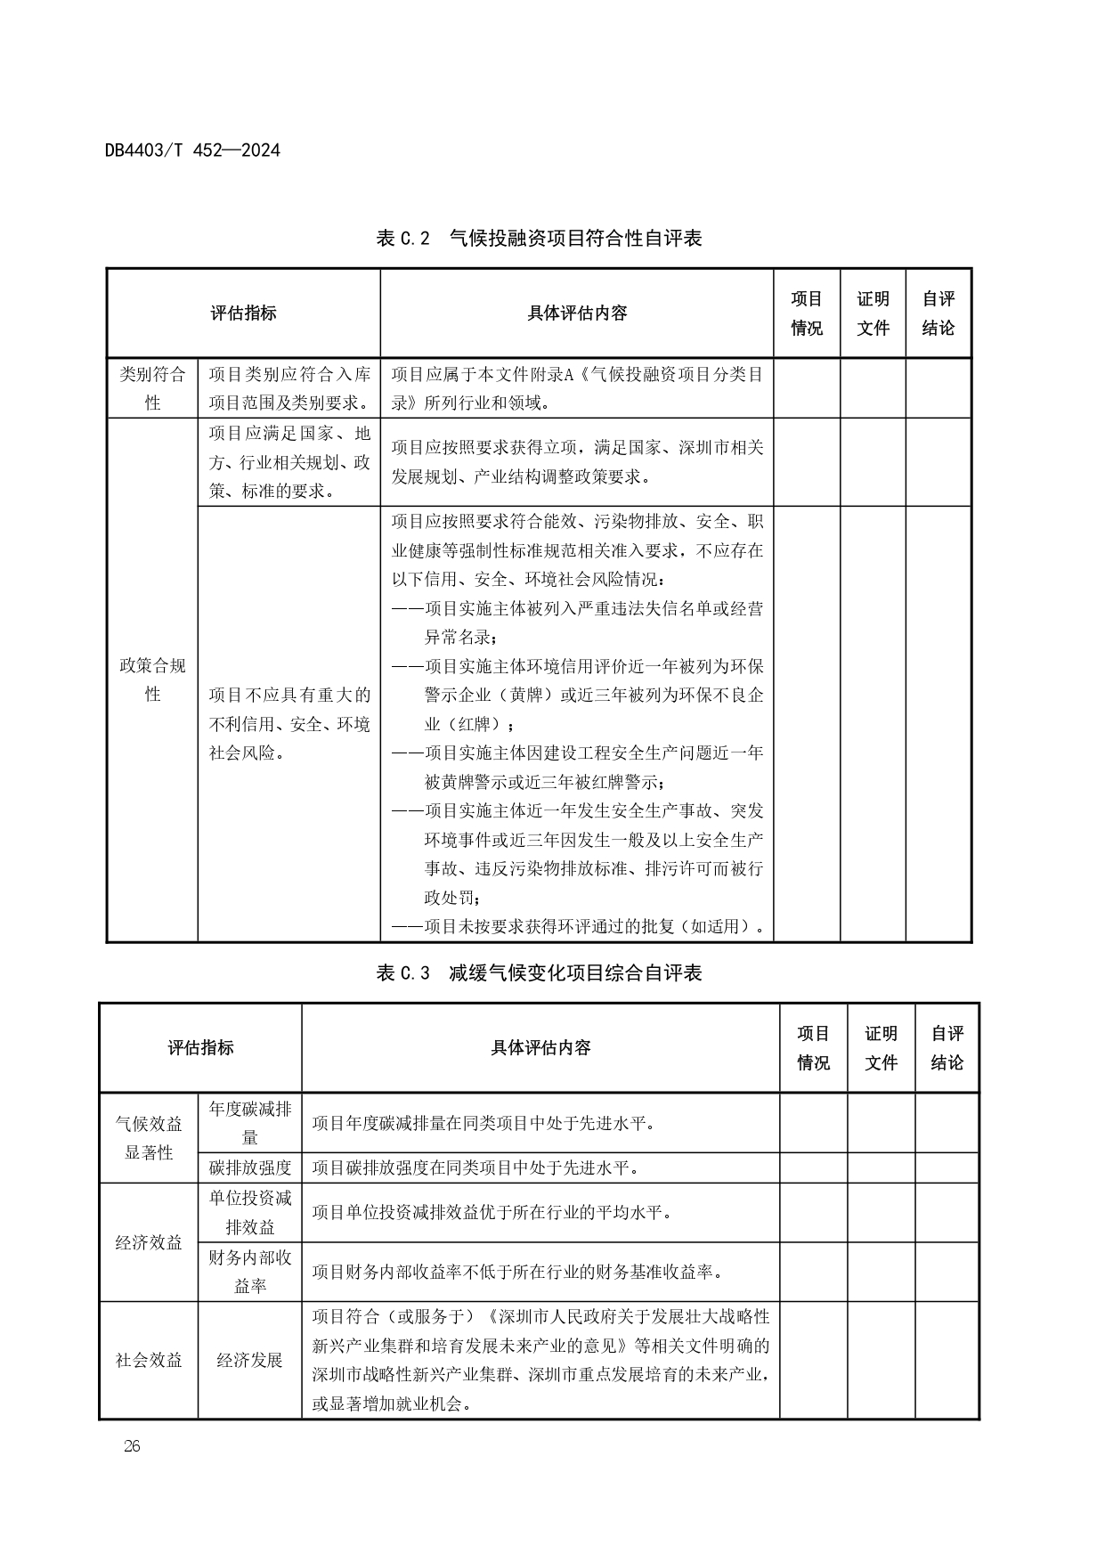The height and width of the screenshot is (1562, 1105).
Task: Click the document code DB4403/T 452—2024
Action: (192, 151)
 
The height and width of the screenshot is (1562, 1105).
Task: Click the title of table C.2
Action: (539, 239)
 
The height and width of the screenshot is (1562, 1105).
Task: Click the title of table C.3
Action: (539, 972)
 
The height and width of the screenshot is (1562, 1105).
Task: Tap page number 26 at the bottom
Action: (132, 1446)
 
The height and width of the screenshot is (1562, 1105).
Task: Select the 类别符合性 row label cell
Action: (152, 388)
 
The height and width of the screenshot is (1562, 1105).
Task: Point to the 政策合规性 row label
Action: (152, 679)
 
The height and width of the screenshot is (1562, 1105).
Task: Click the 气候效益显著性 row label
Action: (149, 1138)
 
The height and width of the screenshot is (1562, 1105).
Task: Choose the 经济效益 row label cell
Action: (149, 1242)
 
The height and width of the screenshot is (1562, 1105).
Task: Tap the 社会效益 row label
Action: (149, 1360)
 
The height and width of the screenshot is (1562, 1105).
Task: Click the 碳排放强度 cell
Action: (250, 1167)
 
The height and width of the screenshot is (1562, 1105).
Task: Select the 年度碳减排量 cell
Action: (250, 1123)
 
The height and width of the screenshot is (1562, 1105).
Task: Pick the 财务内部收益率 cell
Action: (250, 1272)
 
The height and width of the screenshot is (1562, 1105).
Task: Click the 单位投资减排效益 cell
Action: (250, 1212)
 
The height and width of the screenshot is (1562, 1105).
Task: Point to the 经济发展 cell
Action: (250, 1360)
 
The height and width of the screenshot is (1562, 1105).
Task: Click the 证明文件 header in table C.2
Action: (873, 313)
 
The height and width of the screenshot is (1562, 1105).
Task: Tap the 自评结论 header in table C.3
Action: (947, 1048)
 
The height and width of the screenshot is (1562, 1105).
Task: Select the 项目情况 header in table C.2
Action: (807, 313)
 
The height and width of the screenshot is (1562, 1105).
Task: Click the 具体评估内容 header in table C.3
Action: (540, 1048)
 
